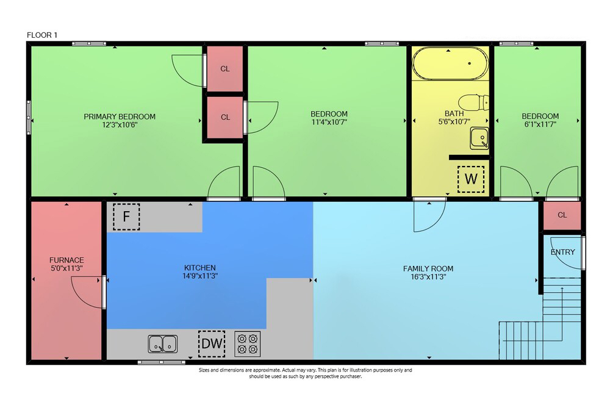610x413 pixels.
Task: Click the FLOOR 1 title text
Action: point(42,35)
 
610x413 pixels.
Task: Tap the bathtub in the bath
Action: point(450,63)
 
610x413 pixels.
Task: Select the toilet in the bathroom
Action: point(473,102)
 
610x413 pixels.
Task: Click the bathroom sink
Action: point(479,138)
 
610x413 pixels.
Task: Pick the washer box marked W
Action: point(471,179)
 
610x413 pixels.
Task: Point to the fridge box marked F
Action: point(126,216)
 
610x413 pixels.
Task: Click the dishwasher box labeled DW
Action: point(212,343)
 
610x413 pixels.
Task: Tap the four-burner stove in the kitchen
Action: point(248,344)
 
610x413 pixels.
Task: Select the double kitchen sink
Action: point(163,344)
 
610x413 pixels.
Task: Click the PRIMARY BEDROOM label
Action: point(120,117)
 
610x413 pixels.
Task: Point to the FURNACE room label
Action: point(66,260)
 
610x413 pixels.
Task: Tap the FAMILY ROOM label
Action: point(428,268)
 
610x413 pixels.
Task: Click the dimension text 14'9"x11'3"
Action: point(200,276)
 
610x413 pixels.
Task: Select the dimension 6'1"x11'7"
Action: point(540,124)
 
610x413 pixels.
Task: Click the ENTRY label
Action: point(562,252)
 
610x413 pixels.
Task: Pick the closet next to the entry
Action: point(562,215)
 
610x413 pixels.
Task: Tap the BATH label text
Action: point(454,113)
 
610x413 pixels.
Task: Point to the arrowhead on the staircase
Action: point(562,289)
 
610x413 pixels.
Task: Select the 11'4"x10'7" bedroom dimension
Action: point(329,122)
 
